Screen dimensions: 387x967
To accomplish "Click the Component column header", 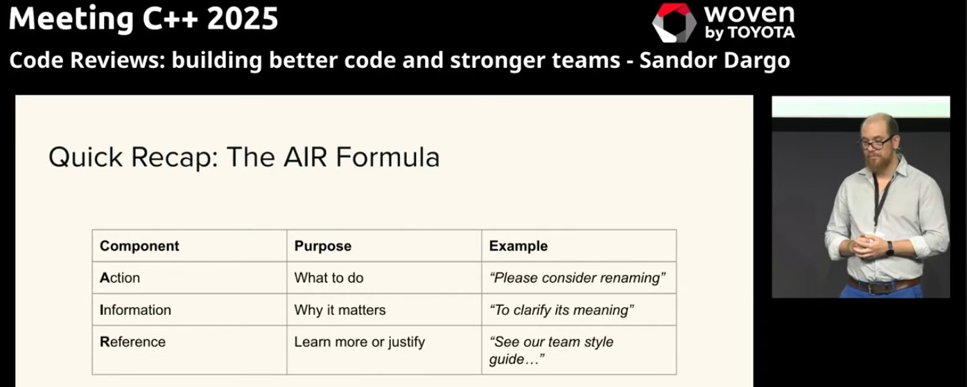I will (x=139, y=246).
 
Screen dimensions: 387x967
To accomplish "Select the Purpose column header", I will (x=322, y=246).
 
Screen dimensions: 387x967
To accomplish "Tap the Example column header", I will (x=518, y=246).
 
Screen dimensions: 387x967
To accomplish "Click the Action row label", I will (x=120, y=278).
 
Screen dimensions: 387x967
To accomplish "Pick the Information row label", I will (x=135, y=309).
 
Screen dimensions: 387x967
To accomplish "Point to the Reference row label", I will (x=132, y=341).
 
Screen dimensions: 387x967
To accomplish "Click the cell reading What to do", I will (x=329, y=278).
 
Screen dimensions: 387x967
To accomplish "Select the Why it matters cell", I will (x=340, y=309).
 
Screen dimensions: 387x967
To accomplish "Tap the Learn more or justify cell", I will (x=359, y=341).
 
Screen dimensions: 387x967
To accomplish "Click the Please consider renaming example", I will (x=577, y=278).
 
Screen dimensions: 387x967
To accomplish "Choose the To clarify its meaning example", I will (x=561, y=309).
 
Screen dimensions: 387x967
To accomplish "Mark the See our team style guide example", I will (x=551, y=350).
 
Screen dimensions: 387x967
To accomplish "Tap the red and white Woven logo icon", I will (x=674, y=22).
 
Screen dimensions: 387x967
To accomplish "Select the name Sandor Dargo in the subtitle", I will (x=715, y=61).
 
